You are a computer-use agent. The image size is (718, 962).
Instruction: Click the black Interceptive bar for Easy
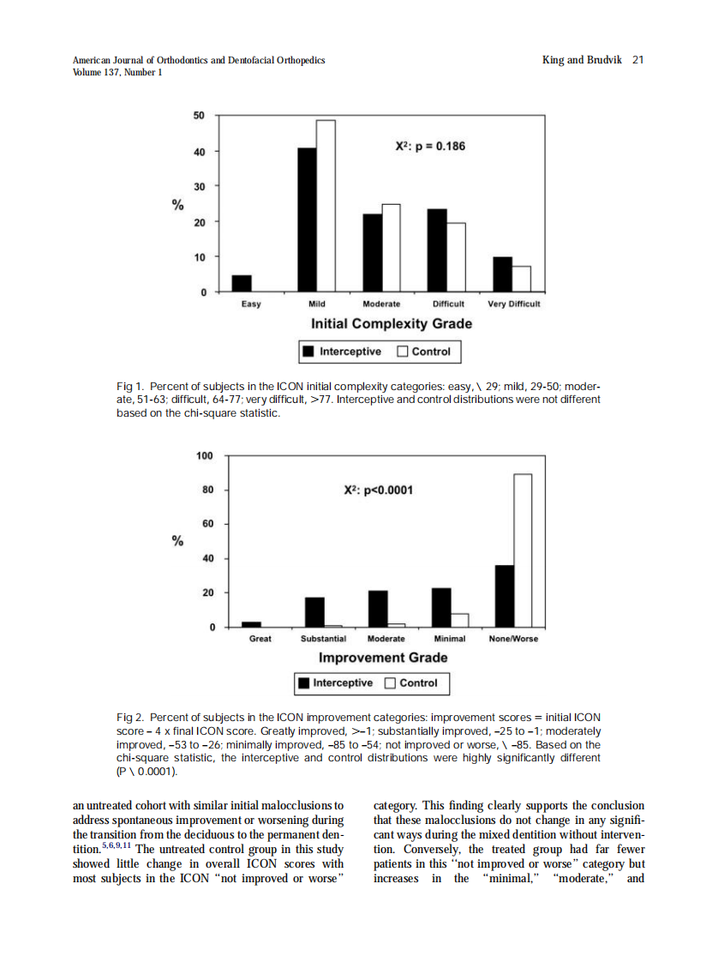tap(242, 284)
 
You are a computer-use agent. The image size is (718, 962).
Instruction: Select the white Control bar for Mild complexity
tap(326, 206)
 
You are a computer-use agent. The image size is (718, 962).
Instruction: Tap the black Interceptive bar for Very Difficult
tap(503, 274)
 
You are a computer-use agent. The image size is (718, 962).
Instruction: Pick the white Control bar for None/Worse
tap(523, 550)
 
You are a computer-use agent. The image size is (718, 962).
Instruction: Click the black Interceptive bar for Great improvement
tap(252, 624)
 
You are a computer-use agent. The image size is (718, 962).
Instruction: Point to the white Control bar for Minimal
tap(460, 620)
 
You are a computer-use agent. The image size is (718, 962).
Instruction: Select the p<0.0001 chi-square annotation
tap(378, 490)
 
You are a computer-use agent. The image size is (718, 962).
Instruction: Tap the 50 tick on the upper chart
tap(199, 116)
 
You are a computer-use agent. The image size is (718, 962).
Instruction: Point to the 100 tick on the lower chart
tap(204, 455)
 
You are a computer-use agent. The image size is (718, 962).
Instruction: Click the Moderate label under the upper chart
tap(381, 304)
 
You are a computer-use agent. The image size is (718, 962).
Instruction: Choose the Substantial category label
tap(323, 639)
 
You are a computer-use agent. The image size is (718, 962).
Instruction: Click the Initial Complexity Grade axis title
tap(391, 323)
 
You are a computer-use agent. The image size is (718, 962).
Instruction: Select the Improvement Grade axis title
tap(383, 658)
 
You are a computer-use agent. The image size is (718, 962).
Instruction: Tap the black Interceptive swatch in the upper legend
tap(308, 352)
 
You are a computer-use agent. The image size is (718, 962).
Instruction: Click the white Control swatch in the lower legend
tap(390, 683)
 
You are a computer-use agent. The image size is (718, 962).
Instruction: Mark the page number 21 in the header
tap(637, 60)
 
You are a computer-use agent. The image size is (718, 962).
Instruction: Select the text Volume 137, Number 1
tap(117, 72)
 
